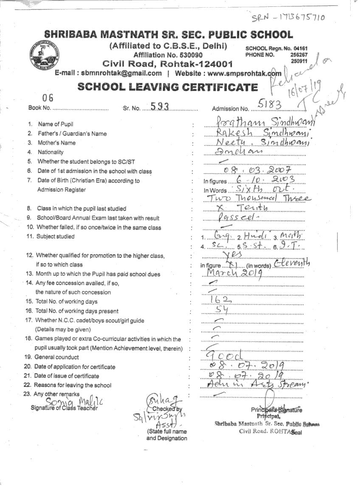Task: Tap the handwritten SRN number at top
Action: pos(288,17)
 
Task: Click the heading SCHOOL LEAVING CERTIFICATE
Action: pos(167,87)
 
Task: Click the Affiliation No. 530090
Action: pos(168,55)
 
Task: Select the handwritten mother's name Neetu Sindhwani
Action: pos(257,142)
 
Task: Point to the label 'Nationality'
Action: pos(51,152)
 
